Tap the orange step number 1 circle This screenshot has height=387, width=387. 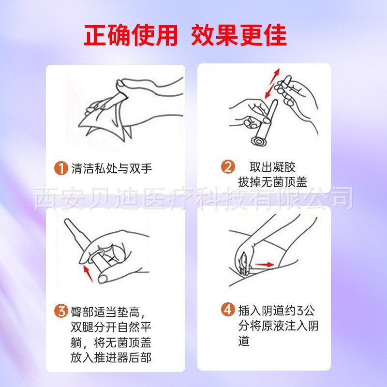pos(60,168)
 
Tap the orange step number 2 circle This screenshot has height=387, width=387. pos(228,167)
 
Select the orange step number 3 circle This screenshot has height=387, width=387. pos(60,311)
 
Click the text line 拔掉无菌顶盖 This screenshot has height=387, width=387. pos(272,182)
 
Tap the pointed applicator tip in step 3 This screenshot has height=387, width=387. pos(69,224)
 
